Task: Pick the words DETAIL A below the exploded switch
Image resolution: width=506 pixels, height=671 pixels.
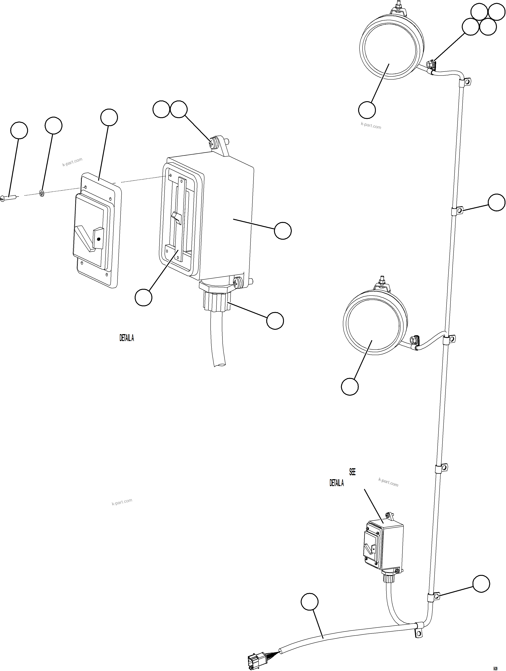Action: pyautogui.click(x=127, y=338)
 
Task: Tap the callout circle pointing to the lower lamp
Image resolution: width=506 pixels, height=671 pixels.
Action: pyautogui.click(x=350, y=387)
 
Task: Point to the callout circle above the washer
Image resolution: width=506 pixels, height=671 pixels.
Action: pyautogui.click(x=53, y=125)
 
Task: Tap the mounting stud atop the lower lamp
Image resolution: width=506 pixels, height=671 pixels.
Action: pyautogui.click(x=381, y=279)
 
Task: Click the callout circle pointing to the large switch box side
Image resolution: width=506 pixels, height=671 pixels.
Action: pyautogui.click(x=283, y=231)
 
